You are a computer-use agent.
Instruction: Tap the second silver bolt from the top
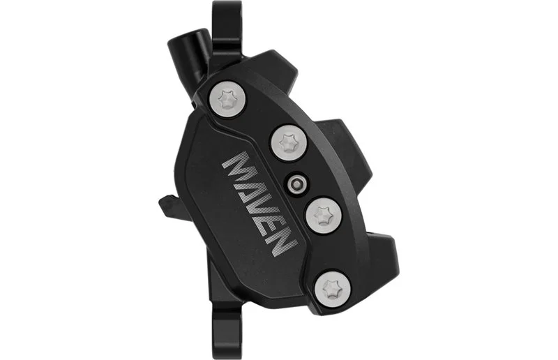pyautogui.click(x=288, y=143)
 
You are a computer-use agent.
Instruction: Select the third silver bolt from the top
pyautogui.click(x=324, y=216)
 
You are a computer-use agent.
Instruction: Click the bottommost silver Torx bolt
pyautogui.click(x=333, y=288)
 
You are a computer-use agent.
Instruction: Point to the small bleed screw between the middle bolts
pyautogui.click(x=296, y=183)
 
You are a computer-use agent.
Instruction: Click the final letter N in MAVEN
pyautogui.click(x=281, y=241)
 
